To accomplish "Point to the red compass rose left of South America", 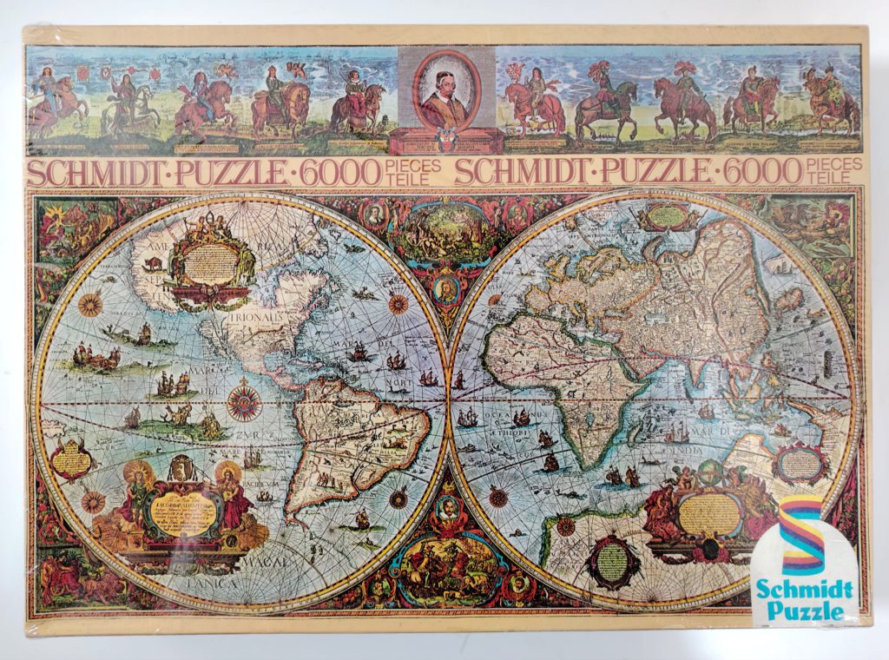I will coord(244,403).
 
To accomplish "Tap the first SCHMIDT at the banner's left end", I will coord(79,172).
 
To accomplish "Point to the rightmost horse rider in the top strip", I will coord(830,101).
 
